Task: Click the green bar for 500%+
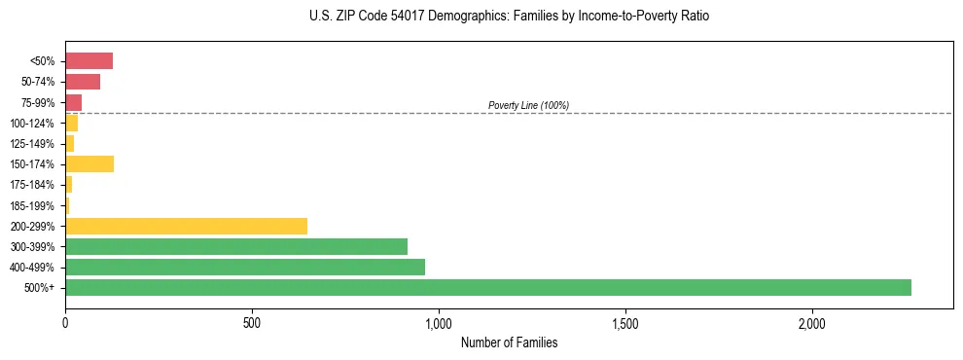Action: point(487,287)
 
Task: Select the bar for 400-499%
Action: point(244,267)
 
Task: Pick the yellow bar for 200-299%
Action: point(186,226)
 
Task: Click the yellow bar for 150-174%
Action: point(89,163)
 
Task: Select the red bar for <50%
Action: point(89,61)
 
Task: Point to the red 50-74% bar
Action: point(83,82)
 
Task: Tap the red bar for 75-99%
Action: point(73,102)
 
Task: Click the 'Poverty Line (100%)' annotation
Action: point(528,105)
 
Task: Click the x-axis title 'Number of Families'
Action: point(509,342)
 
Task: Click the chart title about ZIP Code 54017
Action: point(509,17)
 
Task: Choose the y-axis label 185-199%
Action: point(32,205)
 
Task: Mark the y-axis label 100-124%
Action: point(32,123)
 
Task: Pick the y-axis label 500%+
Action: point(39,288)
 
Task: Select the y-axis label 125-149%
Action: point(32,144)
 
